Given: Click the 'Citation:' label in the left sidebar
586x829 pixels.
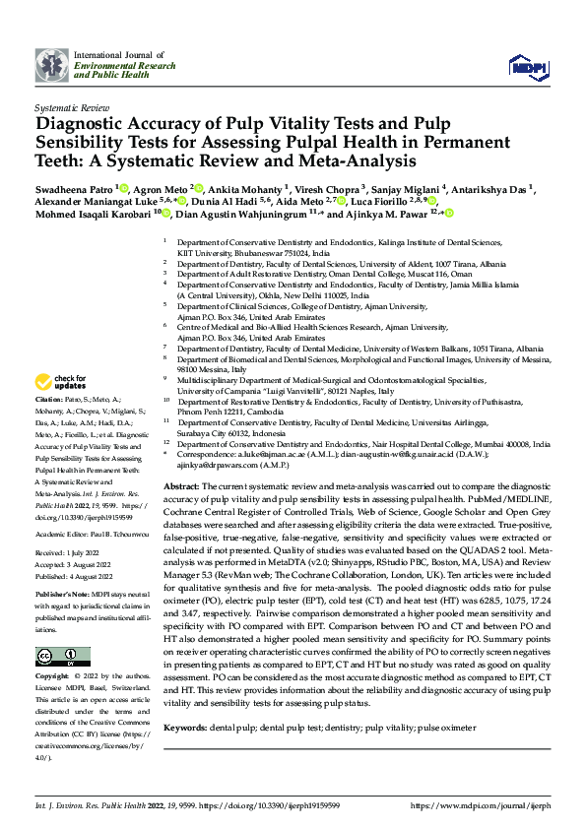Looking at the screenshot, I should [48, 401].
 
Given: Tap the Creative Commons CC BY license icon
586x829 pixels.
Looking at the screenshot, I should [59, 627].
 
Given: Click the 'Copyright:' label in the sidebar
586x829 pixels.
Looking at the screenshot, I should [51, 650].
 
